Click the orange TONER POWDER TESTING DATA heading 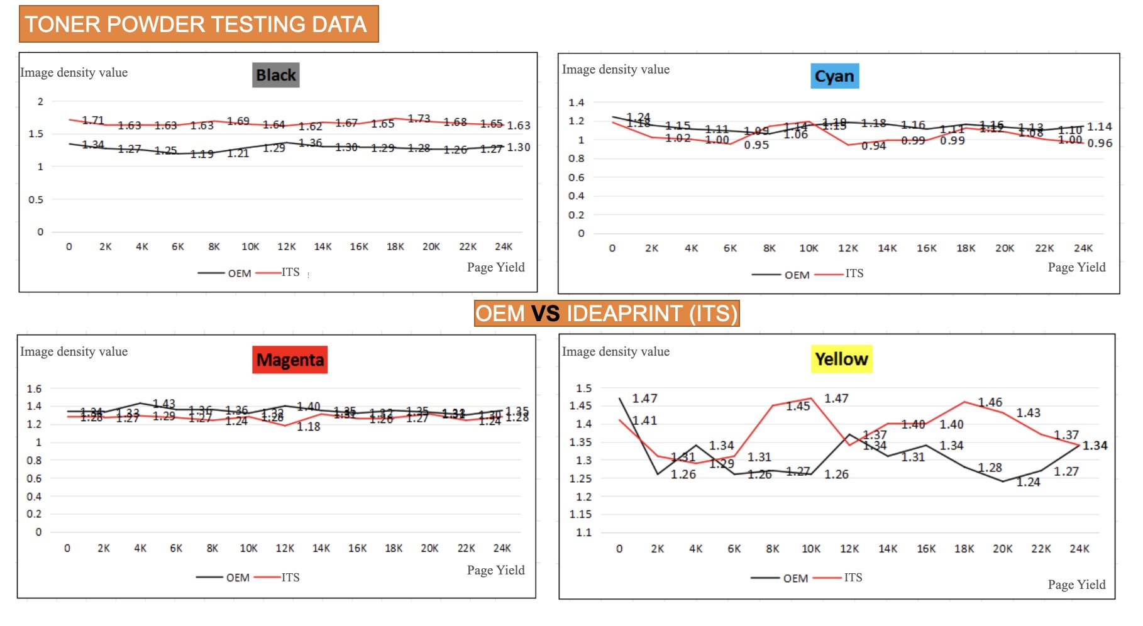click(x=198, y=24)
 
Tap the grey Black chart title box click(x=276, y=75)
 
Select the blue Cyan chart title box click(x=834, y=76)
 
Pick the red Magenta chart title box click(x=290, y=360)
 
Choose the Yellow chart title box click(x=841, y=359)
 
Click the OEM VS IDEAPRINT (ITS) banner click(x=606, y=313)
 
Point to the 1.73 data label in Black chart click(x=419, y=118)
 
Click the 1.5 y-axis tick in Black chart click(x=36, y=134)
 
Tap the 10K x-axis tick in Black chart click(x=250, y=246)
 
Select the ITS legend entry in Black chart click(x=290, y=272)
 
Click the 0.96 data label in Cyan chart click(x=1100, y=143)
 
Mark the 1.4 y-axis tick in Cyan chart click(x=576, y=102)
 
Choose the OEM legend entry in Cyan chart click(x=797, y=275)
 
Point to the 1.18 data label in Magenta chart click(x=309, y=427)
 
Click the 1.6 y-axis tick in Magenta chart click(x=34, y=389)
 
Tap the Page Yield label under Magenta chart click(x=495, y=570)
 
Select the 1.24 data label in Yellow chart click(x=1029, y=482)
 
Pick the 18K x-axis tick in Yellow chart click(x=964, y=549)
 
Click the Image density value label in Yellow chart click(x=616, y=351)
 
